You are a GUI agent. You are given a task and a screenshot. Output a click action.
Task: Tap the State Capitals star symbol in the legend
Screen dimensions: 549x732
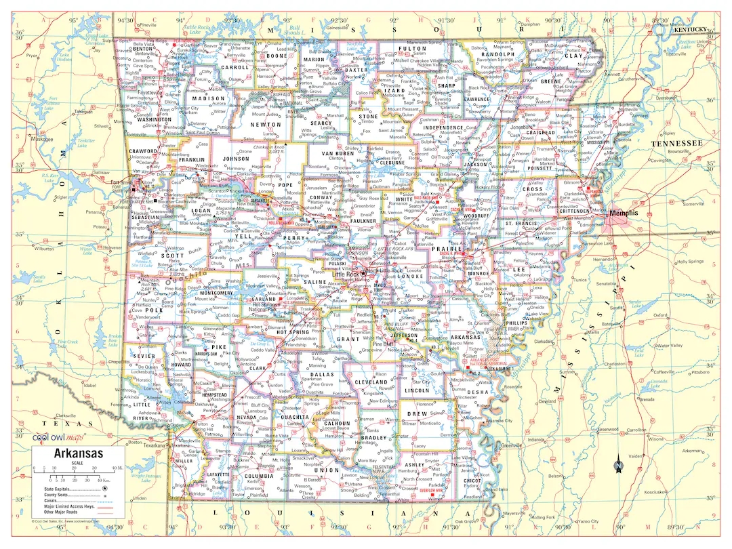(104, 488)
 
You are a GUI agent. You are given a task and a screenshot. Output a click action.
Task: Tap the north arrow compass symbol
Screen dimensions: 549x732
(619, 466)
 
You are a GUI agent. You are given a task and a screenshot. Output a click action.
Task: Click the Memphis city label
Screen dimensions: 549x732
(624, 213)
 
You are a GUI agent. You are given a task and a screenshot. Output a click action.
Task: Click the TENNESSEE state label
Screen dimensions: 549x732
(676, 143)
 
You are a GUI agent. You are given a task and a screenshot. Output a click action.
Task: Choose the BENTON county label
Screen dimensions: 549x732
(142, 49)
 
